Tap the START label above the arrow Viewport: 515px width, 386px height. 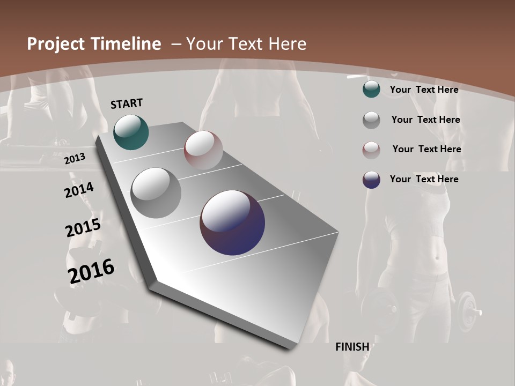[127, 103]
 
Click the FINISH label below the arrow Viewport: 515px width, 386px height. [352, 347]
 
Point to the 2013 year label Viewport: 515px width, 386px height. [75, 159]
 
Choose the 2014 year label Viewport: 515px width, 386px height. [79, 190]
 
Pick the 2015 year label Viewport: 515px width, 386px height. [83, 228]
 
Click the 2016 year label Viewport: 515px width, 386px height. [91, 271]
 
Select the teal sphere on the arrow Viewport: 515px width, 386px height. [131, 132]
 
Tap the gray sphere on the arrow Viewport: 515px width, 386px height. [156, 193]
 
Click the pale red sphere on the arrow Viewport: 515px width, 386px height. [203, 150]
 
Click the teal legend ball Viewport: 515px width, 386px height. [371, 90]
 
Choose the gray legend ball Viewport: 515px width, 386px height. [371, 120]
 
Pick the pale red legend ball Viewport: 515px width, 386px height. [371, 150]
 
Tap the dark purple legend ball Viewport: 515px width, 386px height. [371, 180]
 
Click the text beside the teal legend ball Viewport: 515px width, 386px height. [424, 90]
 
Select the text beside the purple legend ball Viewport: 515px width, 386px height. [424, 179]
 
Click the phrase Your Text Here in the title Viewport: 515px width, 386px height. [246, 44]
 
